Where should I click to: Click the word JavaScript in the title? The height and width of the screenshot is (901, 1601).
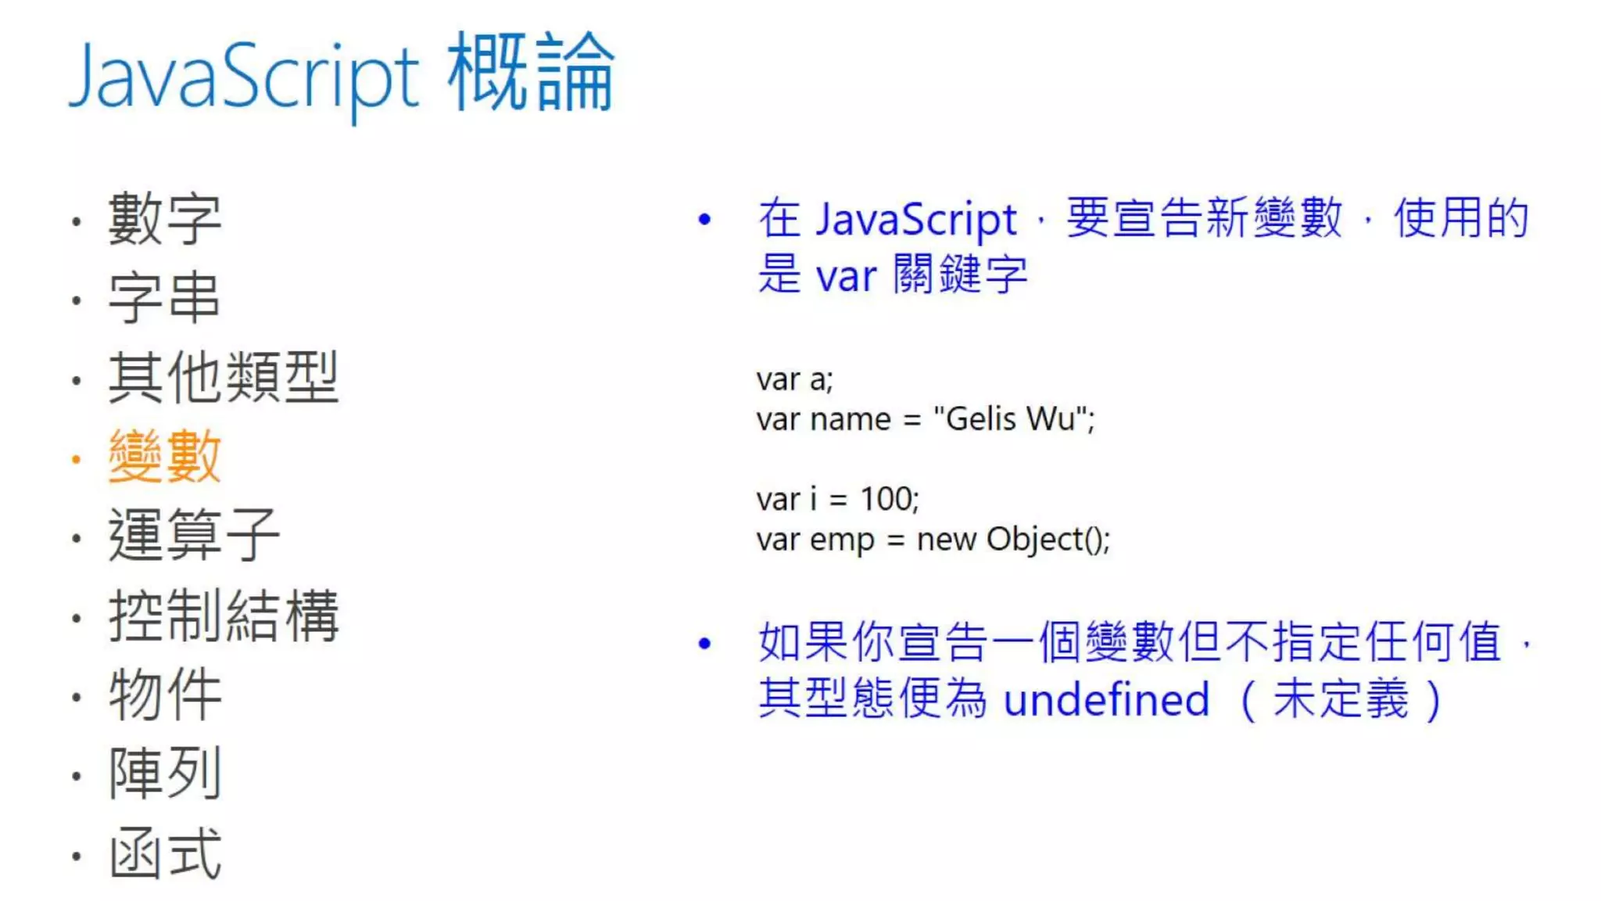tap(244, 77)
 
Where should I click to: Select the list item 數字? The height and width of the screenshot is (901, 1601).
tap(165, 219)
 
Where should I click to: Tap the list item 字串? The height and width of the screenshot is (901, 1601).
tap(165, 298)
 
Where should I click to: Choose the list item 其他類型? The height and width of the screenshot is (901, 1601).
tap(224, 378)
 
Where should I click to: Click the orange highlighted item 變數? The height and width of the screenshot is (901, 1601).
tap(165, 457)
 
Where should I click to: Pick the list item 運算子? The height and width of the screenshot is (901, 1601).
tap(194, 536)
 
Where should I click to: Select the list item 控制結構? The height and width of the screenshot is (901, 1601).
tap(224, 616)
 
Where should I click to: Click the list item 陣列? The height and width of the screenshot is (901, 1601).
tap(165, 774)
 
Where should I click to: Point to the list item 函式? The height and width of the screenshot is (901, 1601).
tap(165, 853)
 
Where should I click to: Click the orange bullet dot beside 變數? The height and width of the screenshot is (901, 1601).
tap(76, 460)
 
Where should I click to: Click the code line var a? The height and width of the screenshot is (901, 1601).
tap(794, 380)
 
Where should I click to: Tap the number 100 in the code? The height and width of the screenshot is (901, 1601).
tap(886, 499)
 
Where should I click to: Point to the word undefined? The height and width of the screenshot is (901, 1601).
tap(1106, 699)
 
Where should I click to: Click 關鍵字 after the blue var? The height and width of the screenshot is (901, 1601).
tap(960, 275)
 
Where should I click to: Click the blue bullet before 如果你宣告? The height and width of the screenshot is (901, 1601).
tap(704, 644)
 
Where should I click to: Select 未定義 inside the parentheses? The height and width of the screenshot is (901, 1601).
tap(1340, 699)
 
